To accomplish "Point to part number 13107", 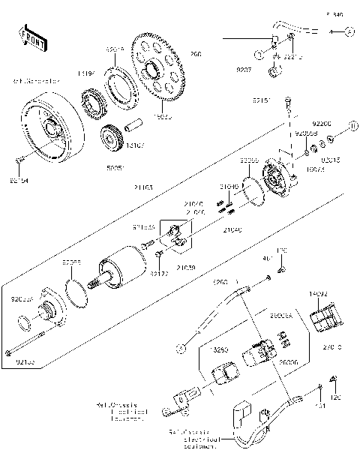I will (x=136, y=145).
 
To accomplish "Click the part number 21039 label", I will (x=186, y=266).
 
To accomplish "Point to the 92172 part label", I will (x=159, y=274).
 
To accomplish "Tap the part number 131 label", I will (x=321, y=406).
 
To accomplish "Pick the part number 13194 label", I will (x=85, y=73).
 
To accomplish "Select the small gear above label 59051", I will (x=111, y=139).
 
